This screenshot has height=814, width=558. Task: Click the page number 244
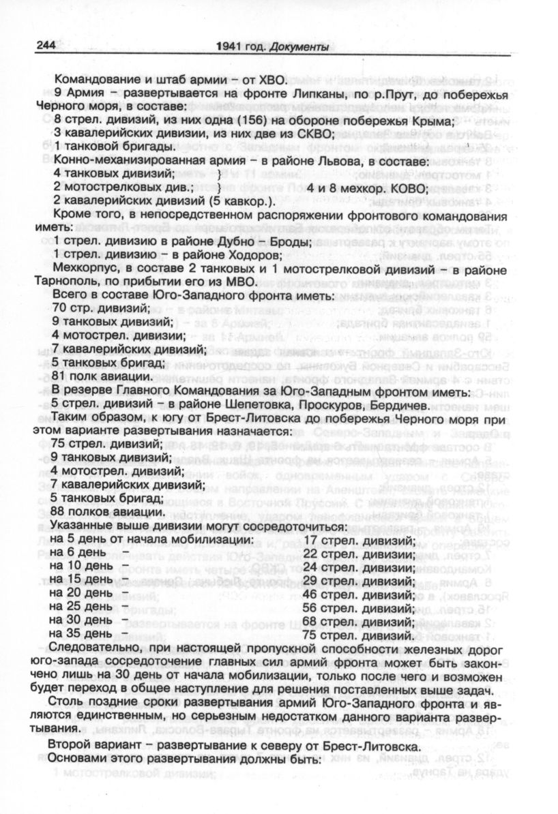pyautogui.click(x=41, y=47)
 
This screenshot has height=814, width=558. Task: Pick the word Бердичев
pyautogui.click(x=398, y=404)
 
